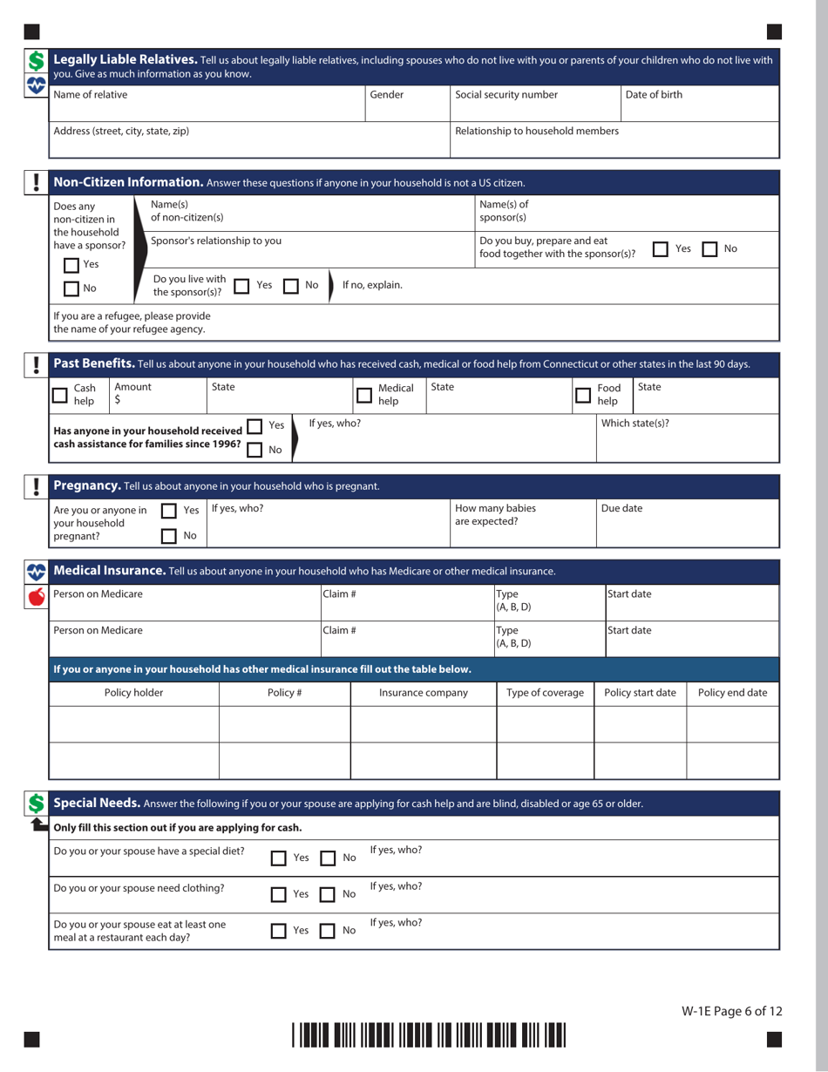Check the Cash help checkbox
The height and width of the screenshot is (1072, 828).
[60, 395]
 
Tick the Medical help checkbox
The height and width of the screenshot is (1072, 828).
[364, 395]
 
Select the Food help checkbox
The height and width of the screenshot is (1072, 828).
[584, 395]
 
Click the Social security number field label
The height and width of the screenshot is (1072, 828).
[506, 94]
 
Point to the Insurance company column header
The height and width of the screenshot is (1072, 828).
[423, 694]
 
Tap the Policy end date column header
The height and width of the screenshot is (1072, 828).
[732, 694]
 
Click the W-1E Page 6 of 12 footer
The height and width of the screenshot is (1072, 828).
[731, 1011]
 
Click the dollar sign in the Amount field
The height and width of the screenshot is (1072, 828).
[118, 401]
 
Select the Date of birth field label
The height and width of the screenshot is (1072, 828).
[654, 94]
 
